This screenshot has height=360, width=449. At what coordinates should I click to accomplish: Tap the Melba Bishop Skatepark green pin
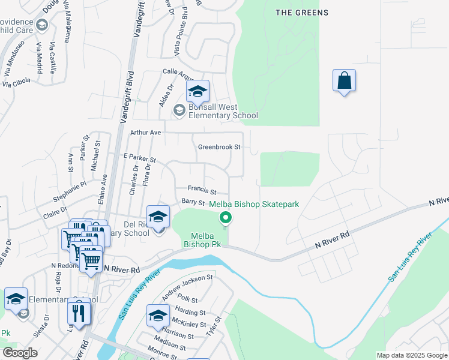pos(226,218)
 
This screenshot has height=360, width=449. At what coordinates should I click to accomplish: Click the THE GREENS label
pos(302,13)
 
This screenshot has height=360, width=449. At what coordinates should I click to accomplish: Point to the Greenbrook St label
pos(219,146)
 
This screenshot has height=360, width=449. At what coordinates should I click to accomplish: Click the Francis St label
pos(202,190)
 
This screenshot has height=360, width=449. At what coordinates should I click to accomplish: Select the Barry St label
pos(193,203)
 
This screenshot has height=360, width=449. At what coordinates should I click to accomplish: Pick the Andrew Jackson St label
pos(187,286)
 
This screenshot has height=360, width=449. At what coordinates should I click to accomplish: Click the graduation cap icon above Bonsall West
pos(197,91)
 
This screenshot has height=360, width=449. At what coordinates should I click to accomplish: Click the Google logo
pos(20,353)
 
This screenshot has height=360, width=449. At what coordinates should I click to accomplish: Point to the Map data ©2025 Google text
pos(412,355)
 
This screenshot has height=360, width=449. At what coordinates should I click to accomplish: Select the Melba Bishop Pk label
pos(202,240)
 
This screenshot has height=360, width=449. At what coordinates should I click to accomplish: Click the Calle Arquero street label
pos(177,73)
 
